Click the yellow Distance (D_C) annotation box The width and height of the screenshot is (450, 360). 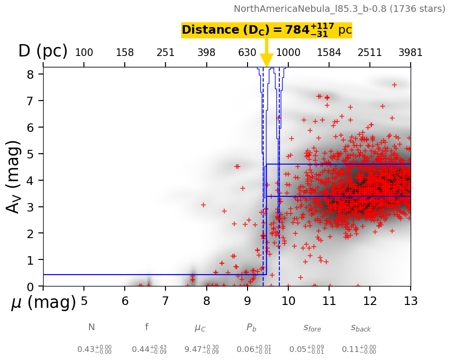[x=266, y=30]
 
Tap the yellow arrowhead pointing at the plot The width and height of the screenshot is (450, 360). [x=266, y=61]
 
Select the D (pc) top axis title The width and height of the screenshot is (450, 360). [x=43, y=51]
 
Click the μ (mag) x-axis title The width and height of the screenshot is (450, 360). [x=44, y=302]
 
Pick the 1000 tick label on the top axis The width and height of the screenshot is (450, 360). [x=288, y=52]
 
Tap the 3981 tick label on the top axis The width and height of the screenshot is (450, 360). [x=410, y=52]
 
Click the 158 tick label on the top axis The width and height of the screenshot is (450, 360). [x=125, y=52]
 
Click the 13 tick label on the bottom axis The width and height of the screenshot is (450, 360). [x=410, y=301]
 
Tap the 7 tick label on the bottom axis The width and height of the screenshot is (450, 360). [x=165, y=301]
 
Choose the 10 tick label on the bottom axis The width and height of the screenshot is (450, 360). [x=288, y=301]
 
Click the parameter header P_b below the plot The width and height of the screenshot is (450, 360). [x=251, y=327]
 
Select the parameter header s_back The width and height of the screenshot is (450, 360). [x=361, y=327]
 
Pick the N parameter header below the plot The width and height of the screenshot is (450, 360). [x=92, y=327]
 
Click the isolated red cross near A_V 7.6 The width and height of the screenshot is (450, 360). [x=395, y=85]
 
